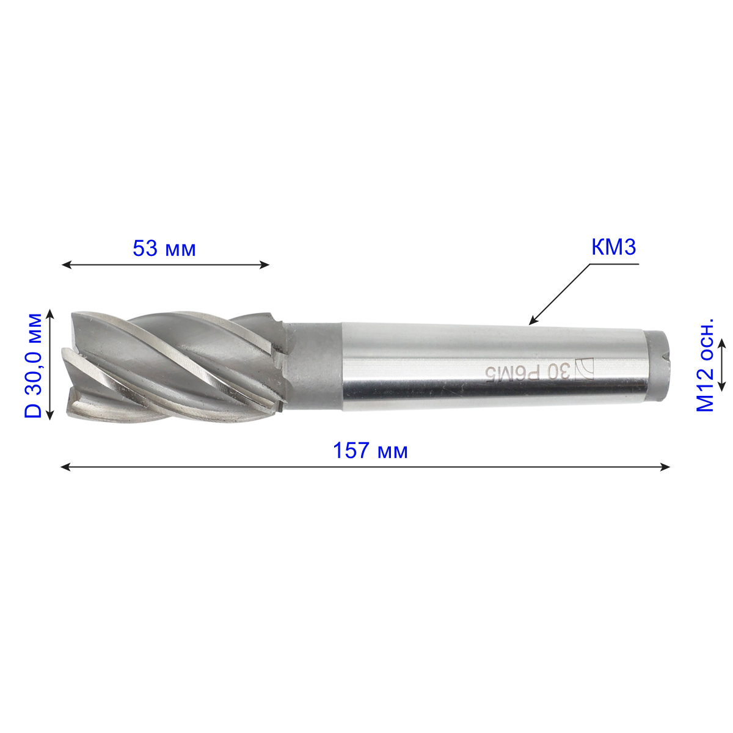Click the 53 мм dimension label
coord(164,249)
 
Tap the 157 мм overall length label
coord(370,451)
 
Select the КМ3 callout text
coord(613,247)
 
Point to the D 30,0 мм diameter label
coord(33,365)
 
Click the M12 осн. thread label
coord(704,365)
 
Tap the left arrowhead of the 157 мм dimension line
coord(65,467)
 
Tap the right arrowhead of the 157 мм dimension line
coord(665,467)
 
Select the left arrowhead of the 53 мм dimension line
coord(67,264)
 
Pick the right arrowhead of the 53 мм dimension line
coord(264,264)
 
